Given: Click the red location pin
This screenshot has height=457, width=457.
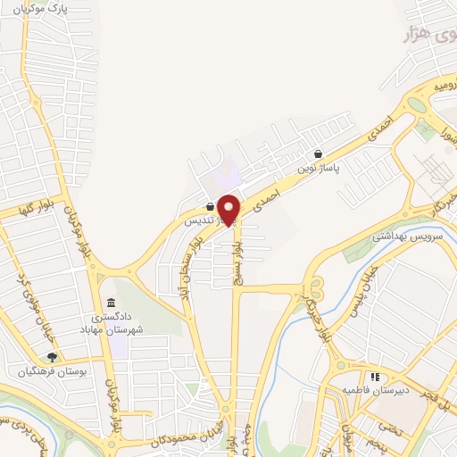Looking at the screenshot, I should click(229, 210).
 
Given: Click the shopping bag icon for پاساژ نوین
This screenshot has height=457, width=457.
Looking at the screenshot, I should click(319, 154).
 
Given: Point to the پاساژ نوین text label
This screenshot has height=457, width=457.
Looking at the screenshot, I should click(319, 167).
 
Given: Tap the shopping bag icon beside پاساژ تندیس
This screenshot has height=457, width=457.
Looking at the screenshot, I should click(209, 206).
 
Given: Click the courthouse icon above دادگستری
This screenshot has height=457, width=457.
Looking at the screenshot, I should click(110, 305).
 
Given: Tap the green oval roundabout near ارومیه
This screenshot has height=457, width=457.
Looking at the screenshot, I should click(416, 104).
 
